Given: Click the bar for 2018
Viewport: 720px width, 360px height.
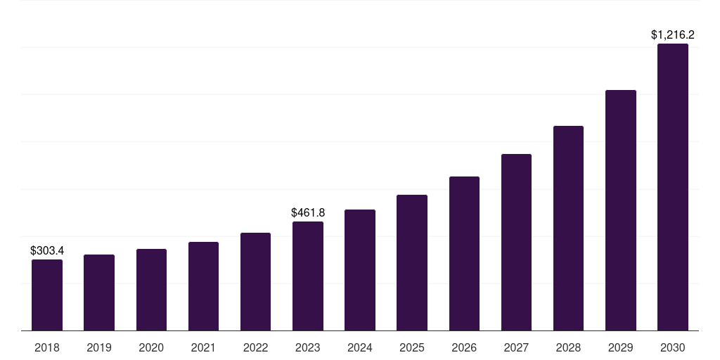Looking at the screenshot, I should click(47, 295).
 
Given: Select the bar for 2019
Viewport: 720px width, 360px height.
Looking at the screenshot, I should click(99, 292).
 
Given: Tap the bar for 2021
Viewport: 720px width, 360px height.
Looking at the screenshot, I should click(203, 286).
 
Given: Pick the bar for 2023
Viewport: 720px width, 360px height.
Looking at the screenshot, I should click(308, 276).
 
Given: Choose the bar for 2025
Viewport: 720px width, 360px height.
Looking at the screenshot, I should click(412, 263).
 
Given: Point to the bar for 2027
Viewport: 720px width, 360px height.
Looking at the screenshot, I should click(516, 243).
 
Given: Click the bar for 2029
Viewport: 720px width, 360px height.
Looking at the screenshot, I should click(621, 210).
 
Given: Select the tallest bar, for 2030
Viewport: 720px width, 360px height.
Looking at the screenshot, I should click(673, 187).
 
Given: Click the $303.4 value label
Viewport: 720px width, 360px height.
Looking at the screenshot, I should click(47, 250).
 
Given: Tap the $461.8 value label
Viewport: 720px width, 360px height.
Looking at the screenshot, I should click(308, 212).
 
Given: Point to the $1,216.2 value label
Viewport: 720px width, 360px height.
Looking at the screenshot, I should click(673, 34).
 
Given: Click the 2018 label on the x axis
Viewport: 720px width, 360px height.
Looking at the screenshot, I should click(47, 347).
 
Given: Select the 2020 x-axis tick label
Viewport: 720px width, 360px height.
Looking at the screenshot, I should click(151, 347).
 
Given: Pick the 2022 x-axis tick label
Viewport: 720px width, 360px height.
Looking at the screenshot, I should click(255, 347).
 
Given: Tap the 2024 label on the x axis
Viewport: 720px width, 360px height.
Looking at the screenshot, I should click(360, 347).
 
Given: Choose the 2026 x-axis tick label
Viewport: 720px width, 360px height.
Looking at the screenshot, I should click(464, 347).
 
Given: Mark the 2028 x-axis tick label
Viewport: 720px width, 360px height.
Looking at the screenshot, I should click(568, 347).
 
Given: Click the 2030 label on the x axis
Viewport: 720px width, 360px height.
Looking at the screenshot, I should click(673, 347).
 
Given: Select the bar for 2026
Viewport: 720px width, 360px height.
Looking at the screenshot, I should click(464, 254).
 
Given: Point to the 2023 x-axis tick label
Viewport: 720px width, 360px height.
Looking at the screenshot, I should click(308, 347).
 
